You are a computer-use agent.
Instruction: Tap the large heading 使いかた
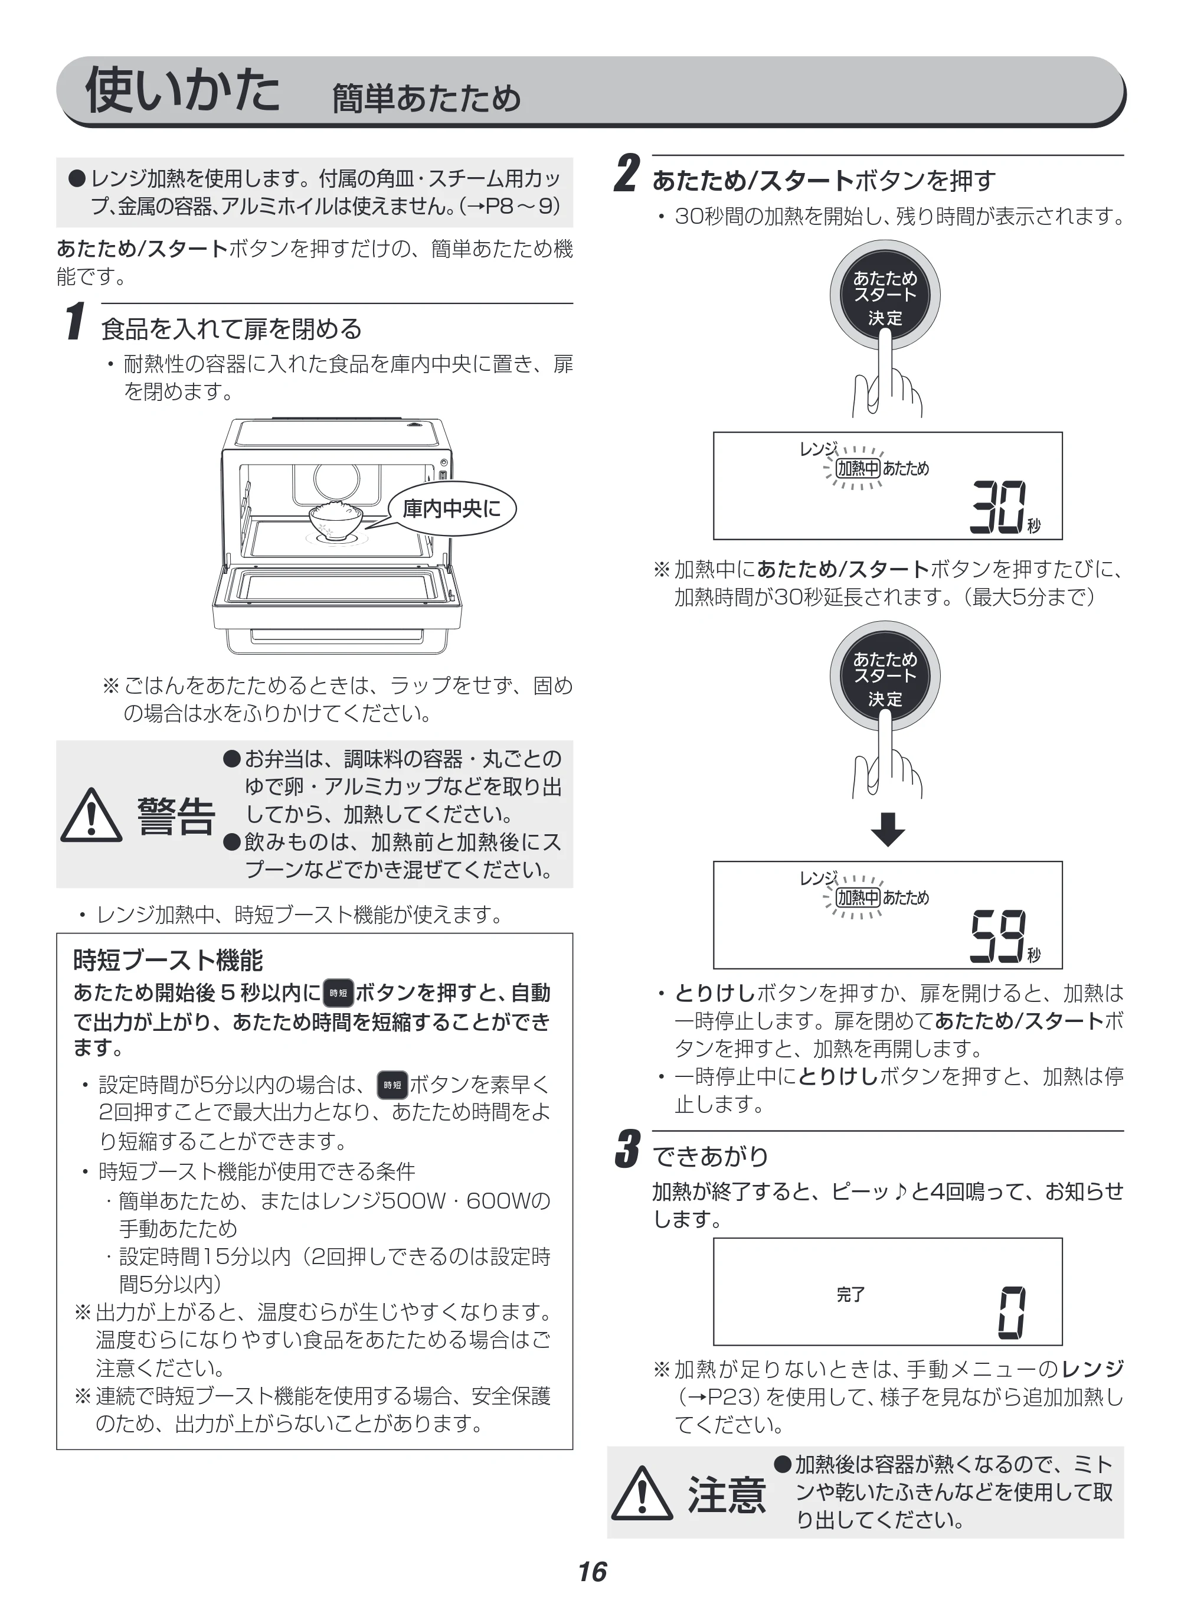tap(183, 90)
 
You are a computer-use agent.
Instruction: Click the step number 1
tap(76, 321)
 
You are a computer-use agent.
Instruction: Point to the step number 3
tap(627, 1149)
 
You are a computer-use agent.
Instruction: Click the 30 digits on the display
tap(998, 507)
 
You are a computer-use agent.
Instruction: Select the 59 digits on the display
tap(998, 936)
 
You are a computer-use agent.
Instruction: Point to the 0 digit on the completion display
tap(1012, 1313)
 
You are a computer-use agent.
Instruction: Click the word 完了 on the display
tap(850, 1295)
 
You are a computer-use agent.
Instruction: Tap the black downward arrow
tap(888, 830)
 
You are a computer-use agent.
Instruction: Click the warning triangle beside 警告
tap(91, 816)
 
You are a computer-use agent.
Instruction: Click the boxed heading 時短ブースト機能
tap(168, 960)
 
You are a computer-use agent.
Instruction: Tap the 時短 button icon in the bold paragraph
tap(338, 993)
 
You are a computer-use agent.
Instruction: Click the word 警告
tap(176, 816)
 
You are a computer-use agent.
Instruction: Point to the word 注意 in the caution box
tap(727, 1495)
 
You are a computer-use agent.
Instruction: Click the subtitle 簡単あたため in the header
tap(427, 99)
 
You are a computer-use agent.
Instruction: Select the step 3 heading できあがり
tap(711, 1155)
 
